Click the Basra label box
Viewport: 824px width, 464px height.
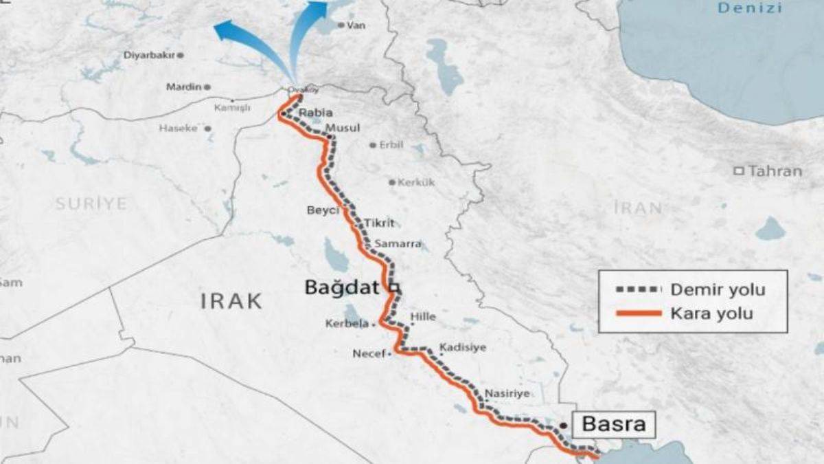[x=614, y=424]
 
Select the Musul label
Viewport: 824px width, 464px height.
[x=343, y=129]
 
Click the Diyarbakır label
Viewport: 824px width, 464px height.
[x=150, y=55]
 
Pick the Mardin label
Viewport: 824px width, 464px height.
[x=183, y=87]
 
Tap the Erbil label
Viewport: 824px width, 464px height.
[x=391, y=145]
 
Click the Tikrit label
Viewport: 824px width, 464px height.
[x=380, y=223]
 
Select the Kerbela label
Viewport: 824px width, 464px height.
[x=347, y=324]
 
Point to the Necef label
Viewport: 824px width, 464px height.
[x=369, y=354]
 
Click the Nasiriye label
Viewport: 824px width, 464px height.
[x=507, y=394]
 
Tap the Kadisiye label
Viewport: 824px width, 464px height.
[x=463, y=347]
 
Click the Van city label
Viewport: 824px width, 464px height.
[x=356, y=25]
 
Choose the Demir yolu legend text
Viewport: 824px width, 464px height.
[x=717, y=289]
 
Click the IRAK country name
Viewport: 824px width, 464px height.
[x=231, y=300]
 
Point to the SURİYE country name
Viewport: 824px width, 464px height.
[x=91, y=204]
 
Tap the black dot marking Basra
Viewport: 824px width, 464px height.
[x=563, y=426]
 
